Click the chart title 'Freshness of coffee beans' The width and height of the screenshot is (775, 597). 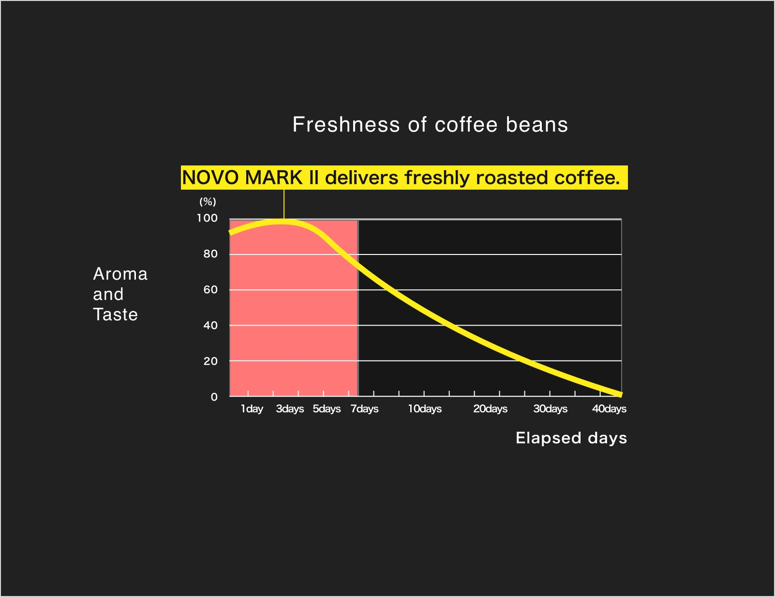[x=430, y=124]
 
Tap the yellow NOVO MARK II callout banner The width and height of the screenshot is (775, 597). [x=404, y=178]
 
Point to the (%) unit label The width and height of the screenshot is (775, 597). [x=208, y=202]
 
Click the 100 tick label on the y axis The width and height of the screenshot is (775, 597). [x=207, y=218]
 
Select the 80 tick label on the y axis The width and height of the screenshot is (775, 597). [x=210, y=254]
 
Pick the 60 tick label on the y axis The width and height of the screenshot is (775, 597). [x=210, y=290]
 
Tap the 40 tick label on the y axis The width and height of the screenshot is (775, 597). [x=210, y=325]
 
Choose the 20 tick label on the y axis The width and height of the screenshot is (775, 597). [x=210, y=361]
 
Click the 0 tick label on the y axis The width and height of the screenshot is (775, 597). [x=214, y=397]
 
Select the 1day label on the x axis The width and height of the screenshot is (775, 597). [x=252, y=409]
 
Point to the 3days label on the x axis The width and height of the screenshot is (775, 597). [x=290, y=409]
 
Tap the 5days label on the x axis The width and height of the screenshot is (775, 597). [x=327, y=409]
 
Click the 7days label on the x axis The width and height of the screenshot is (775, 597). [x=364, y=409]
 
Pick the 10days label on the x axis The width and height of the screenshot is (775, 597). [x=425, y=409]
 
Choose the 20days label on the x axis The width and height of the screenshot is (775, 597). [x=491, y=409]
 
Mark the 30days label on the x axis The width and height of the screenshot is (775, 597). [x=551, y=409]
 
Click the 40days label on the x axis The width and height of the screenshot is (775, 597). [x=609, y=409]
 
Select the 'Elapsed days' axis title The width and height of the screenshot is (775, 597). [x=571, y=438]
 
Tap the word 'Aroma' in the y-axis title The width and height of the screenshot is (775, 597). [x=120, y=274]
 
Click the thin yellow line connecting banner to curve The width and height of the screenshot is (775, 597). [x=284, y=204]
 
